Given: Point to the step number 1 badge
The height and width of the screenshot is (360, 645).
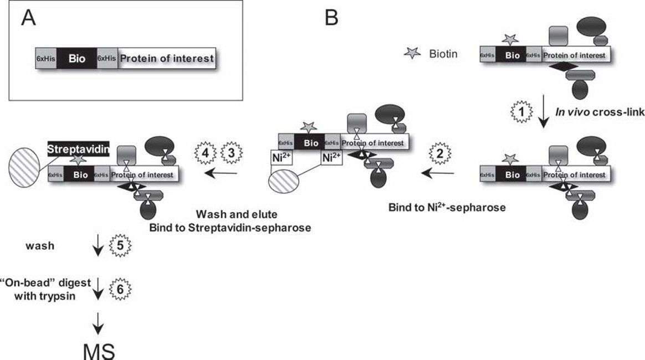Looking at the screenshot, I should [520, 111].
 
